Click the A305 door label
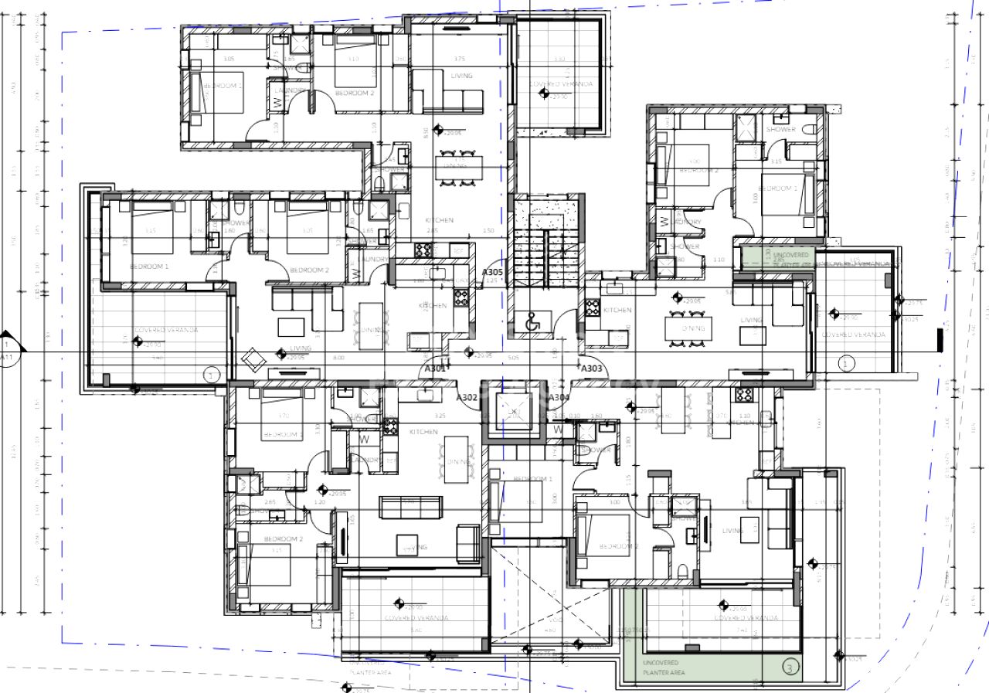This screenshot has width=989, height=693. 492,272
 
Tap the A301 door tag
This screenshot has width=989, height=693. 435,369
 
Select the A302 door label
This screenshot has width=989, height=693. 466,397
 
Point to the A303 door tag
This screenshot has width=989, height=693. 591,369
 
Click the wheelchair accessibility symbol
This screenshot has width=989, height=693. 532,324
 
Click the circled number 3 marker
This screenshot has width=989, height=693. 789,666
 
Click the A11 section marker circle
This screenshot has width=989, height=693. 6,352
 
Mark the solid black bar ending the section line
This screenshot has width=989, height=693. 940,339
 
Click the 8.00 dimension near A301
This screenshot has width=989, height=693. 338,358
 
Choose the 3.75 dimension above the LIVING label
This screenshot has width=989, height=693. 460,59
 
